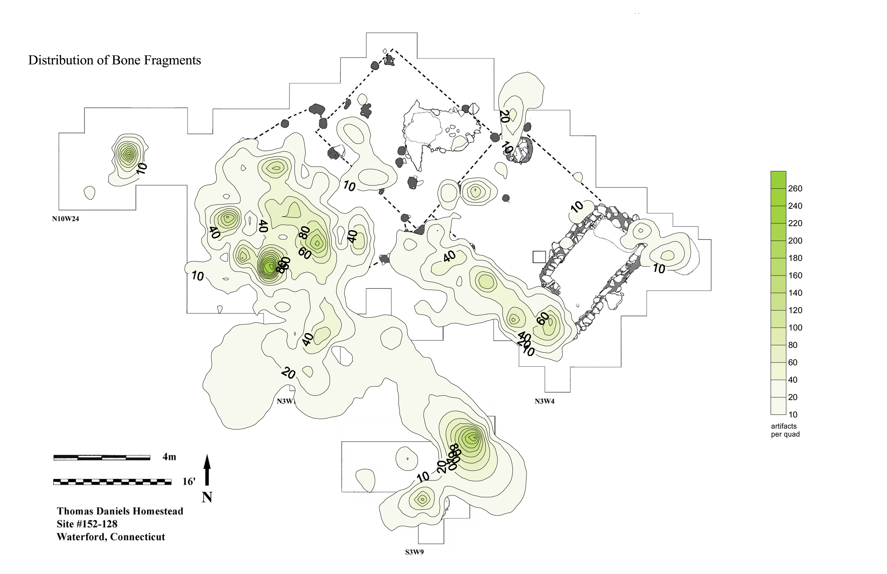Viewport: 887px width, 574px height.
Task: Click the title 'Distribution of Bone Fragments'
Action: [x=114, y=60]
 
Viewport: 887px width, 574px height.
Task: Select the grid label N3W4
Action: [x=545, y=401]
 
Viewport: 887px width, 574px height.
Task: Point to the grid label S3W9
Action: [x=414, y=552]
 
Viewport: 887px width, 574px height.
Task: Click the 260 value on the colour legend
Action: [x=795, y=189]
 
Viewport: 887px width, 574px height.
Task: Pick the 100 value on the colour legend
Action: [x=795, y=328]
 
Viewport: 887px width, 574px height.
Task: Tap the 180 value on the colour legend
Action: [x=795, y=258]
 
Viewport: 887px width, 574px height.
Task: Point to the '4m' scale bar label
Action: [x=169, y=457]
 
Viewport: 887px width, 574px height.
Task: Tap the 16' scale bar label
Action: [x=189, y=482]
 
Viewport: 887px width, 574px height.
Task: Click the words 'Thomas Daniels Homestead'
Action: [x=120, y=511]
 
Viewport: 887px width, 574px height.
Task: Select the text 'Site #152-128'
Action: [x=87, y=524]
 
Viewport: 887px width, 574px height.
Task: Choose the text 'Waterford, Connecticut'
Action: [x=111, y=537]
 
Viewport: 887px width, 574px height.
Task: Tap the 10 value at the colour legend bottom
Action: [x=793, y=414]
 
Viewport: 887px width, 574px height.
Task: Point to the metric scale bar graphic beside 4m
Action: [x=102, y=457]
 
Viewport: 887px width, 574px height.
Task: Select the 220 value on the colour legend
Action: [x=795, y=223]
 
